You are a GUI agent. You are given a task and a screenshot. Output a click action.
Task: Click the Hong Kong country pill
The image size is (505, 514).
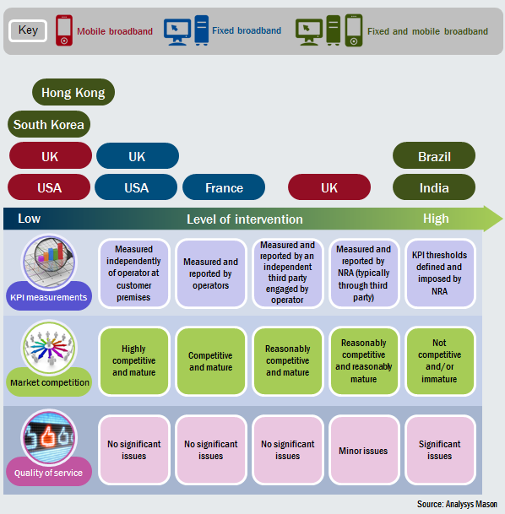73,93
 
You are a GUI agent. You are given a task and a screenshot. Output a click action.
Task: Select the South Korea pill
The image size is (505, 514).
49,125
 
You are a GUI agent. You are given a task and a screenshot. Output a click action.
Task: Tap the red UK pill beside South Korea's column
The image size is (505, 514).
50,156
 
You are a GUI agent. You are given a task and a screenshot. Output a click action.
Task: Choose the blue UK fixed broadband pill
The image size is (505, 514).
137,156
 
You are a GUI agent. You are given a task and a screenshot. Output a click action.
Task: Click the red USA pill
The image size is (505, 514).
50,187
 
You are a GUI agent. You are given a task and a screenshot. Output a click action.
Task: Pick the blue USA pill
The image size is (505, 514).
137,187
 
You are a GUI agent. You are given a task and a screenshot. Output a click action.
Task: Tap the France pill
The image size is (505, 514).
224,187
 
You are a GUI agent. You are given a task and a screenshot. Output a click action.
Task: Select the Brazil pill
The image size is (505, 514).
434,156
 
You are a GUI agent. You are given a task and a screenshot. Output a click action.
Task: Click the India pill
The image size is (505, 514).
434,187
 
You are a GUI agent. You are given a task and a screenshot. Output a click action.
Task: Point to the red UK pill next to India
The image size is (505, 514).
329,187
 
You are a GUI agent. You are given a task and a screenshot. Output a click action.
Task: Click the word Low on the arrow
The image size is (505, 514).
30,219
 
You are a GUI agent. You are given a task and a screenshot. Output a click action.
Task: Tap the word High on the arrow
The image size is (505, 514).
436,219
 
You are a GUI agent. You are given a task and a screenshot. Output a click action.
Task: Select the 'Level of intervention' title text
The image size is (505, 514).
245,219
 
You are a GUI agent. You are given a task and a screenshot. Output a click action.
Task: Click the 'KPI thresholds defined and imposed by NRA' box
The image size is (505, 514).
439,273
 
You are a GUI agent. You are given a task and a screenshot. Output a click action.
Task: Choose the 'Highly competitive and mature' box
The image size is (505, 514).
133,360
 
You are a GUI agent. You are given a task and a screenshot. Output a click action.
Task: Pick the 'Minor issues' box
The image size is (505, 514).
363,450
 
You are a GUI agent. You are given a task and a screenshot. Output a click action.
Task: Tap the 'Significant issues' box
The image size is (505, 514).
439,450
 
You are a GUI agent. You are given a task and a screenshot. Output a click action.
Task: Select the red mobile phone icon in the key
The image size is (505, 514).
64,30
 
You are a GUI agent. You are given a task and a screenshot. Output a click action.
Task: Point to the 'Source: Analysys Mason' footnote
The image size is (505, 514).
457,504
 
